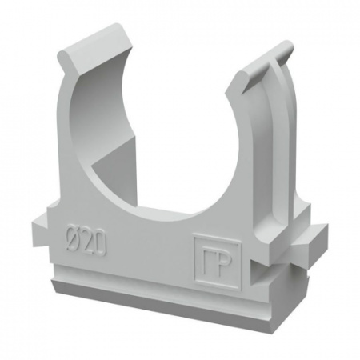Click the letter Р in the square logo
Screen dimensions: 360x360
point(223,268)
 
